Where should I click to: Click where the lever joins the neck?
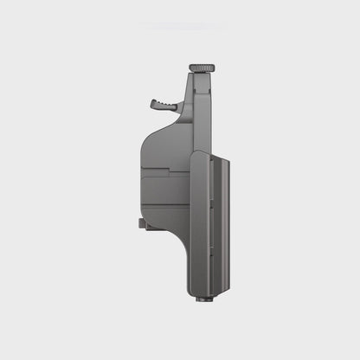point(182,107)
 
